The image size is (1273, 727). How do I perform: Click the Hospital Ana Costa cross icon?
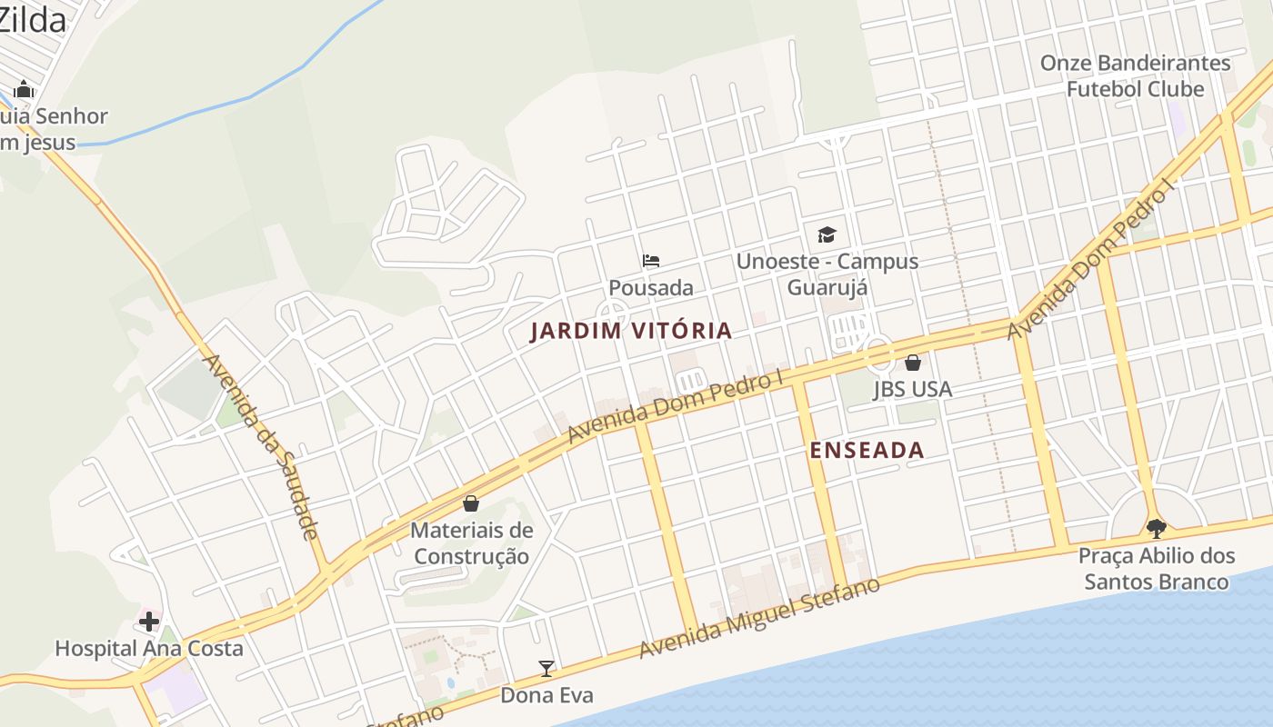click(149, 622)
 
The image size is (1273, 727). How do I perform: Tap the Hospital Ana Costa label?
click(149, 649)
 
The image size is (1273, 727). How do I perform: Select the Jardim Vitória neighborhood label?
click(631, 331)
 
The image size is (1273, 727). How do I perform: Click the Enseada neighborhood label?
click(866, 450)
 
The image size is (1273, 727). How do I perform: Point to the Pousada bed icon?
click(651, 261)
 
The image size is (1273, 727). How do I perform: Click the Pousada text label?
click(651, 288)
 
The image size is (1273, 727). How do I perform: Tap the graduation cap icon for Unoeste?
click(827, 234)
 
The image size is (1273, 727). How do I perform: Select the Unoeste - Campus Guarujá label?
click(827, 274)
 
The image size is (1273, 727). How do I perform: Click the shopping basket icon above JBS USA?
click(913, 363)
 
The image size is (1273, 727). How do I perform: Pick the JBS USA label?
click(912, 389)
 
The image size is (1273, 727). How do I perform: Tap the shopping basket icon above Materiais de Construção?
click(471, 503)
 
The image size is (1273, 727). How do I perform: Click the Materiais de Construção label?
click(471, 543)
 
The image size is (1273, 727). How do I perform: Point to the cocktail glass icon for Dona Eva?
click(546, 669)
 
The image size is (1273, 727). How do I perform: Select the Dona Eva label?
click(546, 696)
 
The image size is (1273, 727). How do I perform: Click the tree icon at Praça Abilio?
click(1156, 528)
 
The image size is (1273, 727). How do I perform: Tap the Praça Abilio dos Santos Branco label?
click(1156, 569)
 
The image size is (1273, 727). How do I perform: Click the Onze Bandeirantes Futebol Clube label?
click(1135, 76)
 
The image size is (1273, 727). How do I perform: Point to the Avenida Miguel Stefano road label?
click(759, 618)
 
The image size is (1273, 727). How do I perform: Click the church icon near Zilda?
click(24, 89)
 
